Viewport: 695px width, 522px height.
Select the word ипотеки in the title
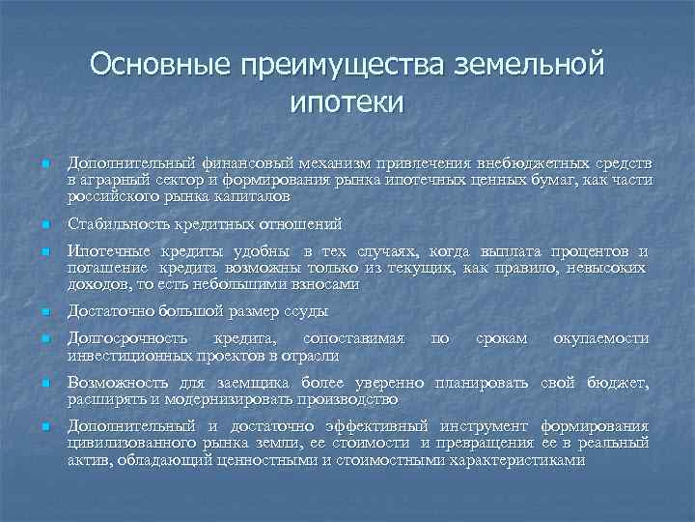(x=346, y=101)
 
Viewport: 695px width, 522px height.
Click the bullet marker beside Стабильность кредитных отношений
(x=44, y=224)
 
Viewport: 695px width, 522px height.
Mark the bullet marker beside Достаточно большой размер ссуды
(x=44, y=311)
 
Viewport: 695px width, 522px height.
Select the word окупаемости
(x=599, y=339)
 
